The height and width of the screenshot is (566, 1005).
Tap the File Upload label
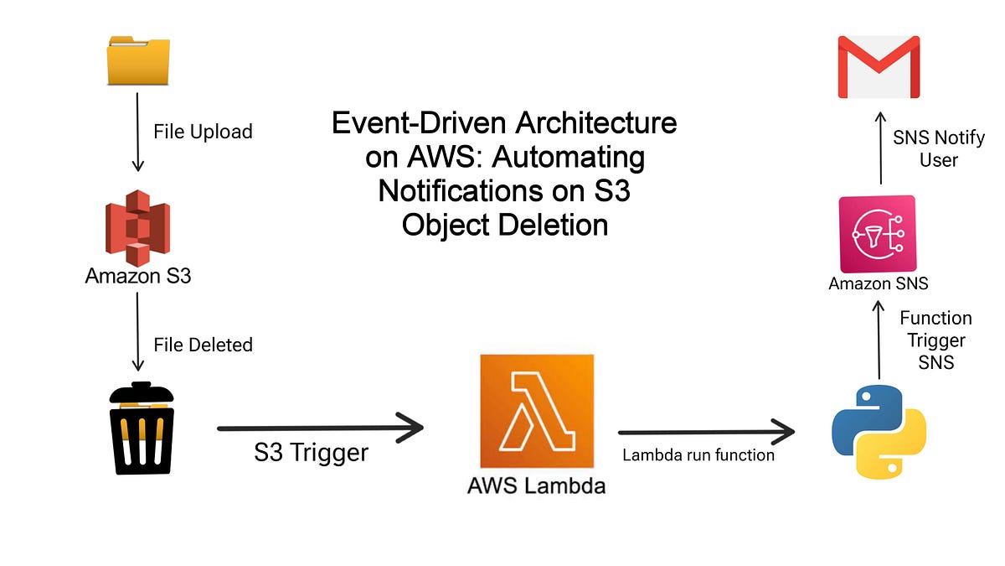point(203,132)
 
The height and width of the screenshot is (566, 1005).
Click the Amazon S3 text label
point(138,275)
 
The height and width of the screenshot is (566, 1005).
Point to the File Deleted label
point(203,345)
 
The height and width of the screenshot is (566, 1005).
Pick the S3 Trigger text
point(311,454)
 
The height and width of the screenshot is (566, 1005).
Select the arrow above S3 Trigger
point(320,428)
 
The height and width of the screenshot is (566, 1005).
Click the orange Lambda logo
point(536,411)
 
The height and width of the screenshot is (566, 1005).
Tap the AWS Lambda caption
point(536,486)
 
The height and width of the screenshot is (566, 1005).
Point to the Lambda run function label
point(698,455)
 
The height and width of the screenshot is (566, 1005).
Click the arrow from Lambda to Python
point(706,433)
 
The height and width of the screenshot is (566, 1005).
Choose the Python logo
point(879,432)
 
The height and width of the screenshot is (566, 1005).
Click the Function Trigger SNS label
point(935,340)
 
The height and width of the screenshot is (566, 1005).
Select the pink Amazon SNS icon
point(877,234)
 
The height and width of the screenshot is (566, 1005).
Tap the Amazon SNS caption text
point(879,283)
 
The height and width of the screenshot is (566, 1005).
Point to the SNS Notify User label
point(938,148)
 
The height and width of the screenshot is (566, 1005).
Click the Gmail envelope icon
point(879,67)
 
